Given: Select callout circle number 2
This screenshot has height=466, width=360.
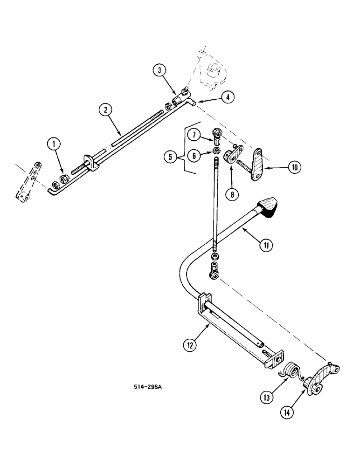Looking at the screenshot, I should pos(106,110).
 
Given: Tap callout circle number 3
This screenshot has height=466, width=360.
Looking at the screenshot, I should pos(159,71).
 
